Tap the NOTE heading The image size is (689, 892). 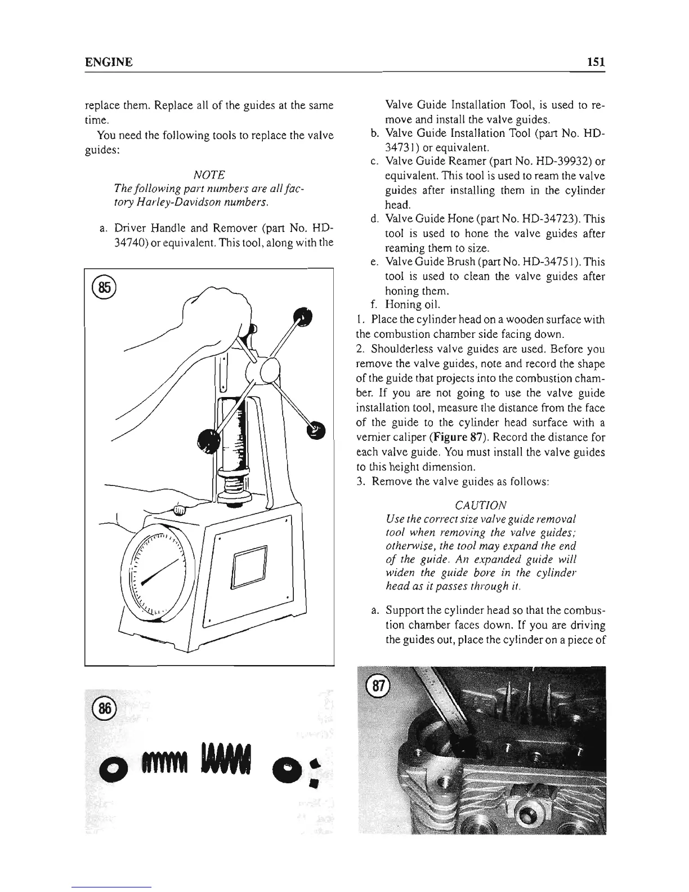click(x=208, y=175)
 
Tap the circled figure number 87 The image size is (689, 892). click(x=374, y=686)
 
